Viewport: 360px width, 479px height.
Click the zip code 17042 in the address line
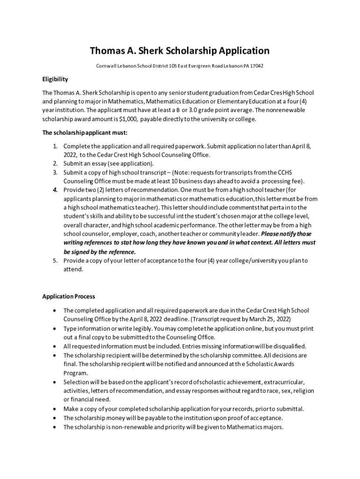pyautogui.click(x=257, y=66)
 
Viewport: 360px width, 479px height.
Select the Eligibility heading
pyautogui.click(x=55, y=79)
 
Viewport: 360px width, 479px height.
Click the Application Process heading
pyautogui.click(x=69, y=296)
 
